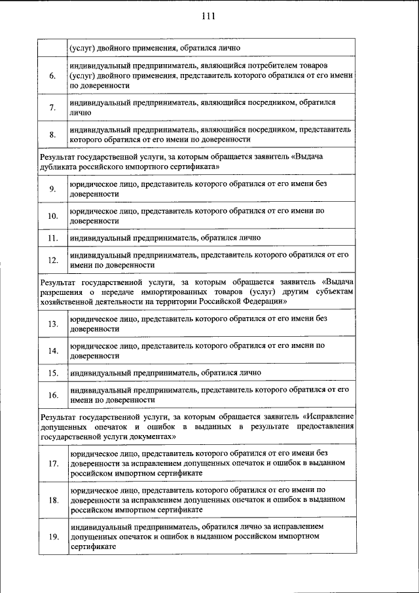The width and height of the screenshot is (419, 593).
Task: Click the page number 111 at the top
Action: [209, 16]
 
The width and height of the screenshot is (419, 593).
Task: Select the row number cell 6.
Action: [52, 76]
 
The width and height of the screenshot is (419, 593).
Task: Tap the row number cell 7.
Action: [52, 107]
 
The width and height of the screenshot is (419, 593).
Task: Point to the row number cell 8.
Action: [52, 135]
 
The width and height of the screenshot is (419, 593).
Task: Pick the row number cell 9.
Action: [52, 189]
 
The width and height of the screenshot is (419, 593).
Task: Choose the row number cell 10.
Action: [52, 216]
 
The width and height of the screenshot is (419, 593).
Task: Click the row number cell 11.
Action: [52, 238]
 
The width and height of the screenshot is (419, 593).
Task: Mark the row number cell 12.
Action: [52, 260]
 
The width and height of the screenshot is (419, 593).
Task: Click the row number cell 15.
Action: [52, 373]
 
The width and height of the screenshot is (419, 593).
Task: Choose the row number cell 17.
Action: [52, 464]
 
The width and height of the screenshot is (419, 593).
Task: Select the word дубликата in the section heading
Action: [58, 166]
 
